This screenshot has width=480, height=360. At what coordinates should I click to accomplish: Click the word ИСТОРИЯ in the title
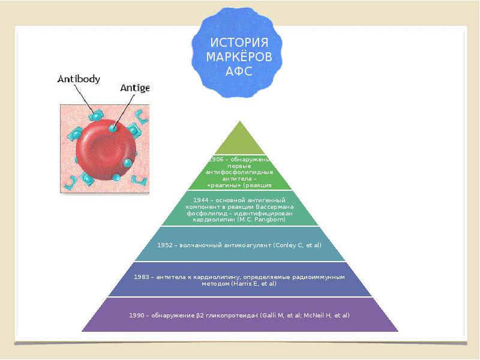[x=239, y=43]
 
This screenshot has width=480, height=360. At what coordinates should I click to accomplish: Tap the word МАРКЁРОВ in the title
[x=239, y=57]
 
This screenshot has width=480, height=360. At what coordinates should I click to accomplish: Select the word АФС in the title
[x=239, y=71]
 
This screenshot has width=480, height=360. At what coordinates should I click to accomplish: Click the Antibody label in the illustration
[x=79, y=79]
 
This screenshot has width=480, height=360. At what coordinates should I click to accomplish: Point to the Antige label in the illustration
[x=134, y=88]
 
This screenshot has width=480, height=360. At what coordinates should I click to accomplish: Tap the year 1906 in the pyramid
[x=215, y=160]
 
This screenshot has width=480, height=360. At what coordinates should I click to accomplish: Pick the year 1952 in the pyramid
[x=165, y=245]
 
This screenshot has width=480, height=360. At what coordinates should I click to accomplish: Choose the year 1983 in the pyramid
[x=142, y=277]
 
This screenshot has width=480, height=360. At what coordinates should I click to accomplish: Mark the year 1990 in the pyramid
[x=137, y=315]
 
